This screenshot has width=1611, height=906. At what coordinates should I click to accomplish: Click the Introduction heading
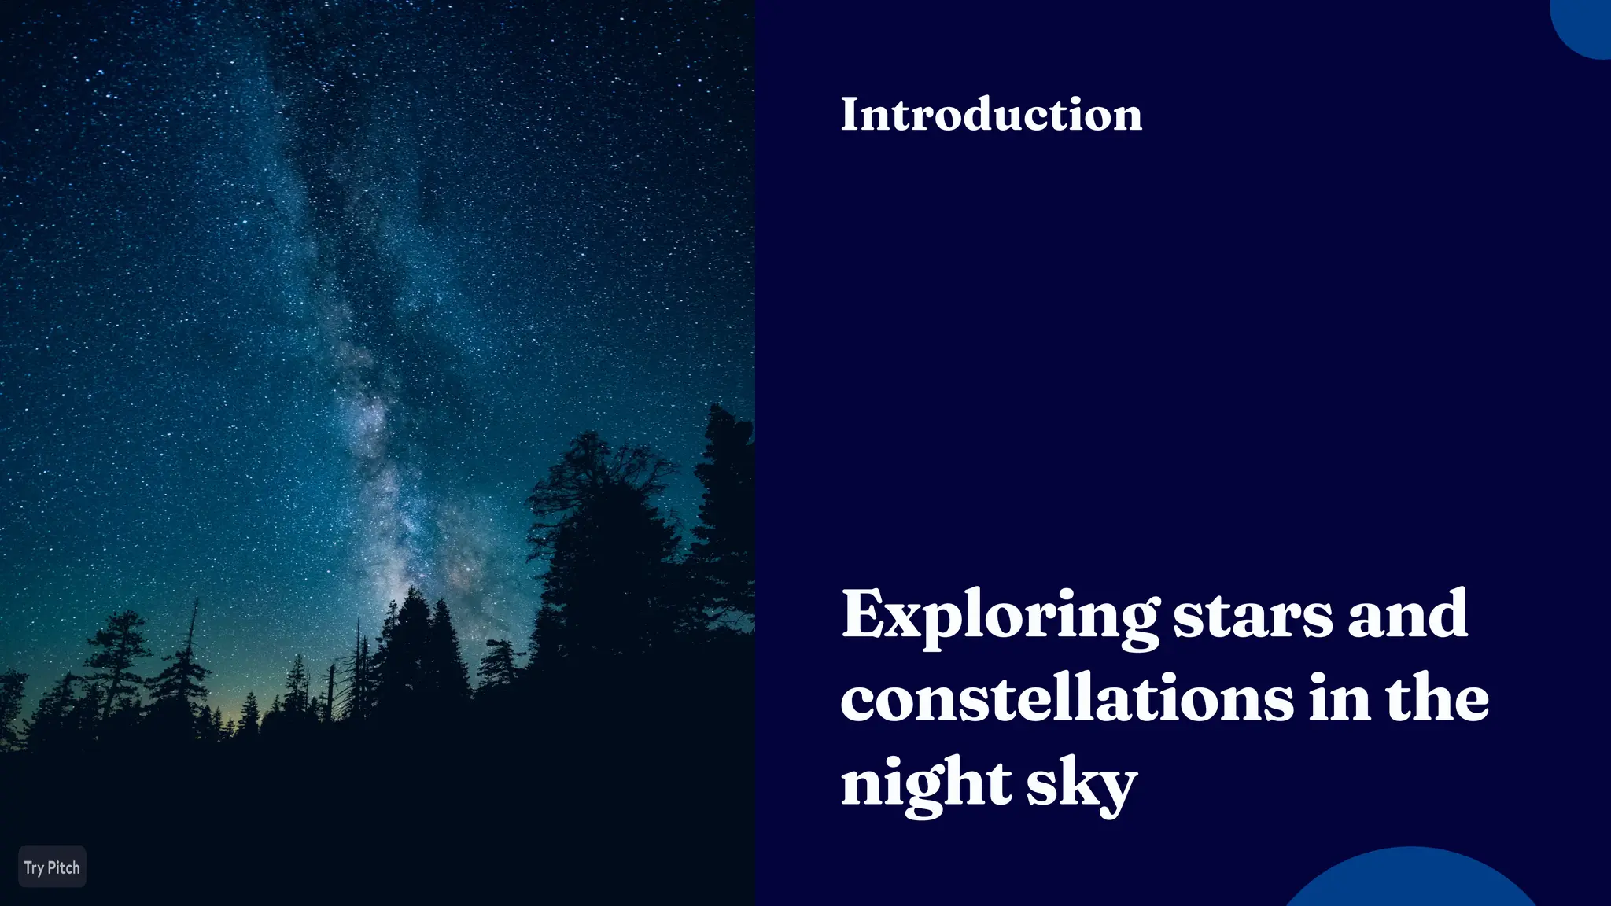[x=991, y=115]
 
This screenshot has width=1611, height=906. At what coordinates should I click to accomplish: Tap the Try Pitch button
[x=52, y=867]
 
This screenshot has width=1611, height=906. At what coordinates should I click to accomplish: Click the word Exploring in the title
[x=999, y=616]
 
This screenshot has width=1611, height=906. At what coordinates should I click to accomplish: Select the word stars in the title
[x=1253, y=616]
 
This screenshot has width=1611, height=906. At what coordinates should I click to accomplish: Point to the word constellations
[x=1067, y=699]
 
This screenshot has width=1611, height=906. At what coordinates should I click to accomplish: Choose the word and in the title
[x=1407, y=616]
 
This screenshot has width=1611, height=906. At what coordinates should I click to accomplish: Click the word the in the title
[x=1437, y=699]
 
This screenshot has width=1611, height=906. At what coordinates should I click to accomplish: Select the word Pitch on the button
[x=64, y=867]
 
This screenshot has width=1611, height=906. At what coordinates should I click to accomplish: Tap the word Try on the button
[x=34, y=868]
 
